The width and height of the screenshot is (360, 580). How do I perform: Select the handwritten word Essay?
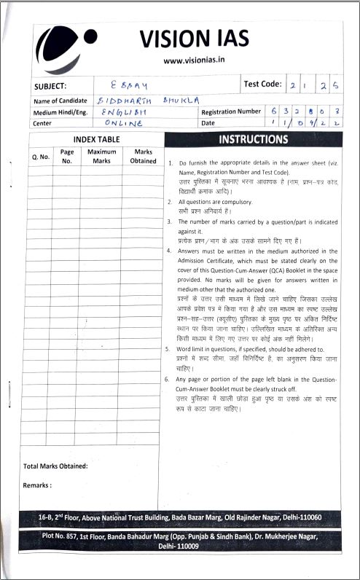tap(136, 85)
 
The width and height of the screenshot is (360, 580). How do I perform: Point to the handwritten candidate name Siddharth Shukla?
tap(154, 101)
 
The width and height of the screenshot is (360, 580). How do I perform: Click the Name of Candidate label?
tap(60, 101)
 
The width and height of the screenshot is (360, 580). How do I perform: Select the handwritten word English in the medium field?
tap(125, 111)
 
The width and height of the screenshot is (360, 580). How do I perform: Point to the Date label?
tap(208, 123)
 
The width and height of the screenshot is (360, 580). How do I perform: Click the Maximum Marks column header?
tap(102, 156)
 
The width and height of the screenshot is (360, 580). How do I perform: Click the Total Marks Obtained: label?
tap(55, 466)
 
